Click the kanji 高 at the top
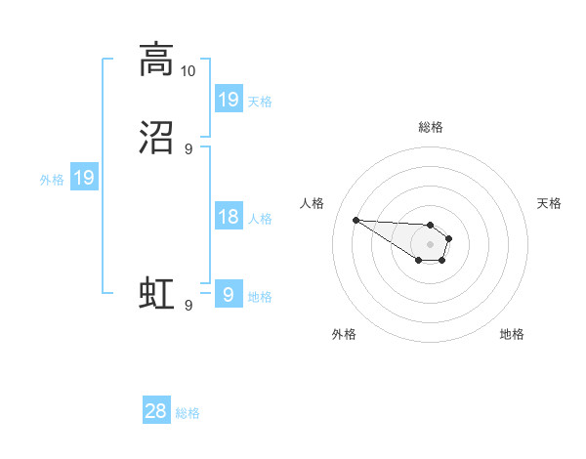tap(156, 60)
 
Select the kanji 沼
tap(156, 138)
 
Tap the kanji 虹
tap(156, 293)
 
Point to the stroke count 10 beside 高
tap(188, 71)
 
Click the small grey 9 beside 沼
tap(188, 149)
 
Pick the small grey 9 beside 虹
tap(188, 306)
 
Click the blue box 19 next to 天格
tap(228, 100)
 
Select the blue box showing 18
tap(228, 217)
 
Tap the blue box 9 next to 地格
tap(228, 295)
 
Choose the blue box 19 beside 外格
tap(83, 178)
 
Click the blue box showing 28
tap(156, 411)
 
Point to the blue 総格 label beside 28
tap(188, 413)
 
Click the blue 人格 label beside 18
tap(260, 219)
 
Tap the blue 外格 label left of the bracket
tap(52, 180)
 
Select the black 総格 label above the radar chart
tap(430, 127)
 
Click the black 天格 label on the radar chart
tap(549, 203)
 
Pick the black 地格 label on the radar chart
tap(512, 334)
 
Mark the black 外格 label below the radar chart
tap(344, 334)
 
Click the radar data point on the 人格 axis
tap(356, 220)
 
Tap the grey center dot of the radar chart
tap(430, 244)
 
